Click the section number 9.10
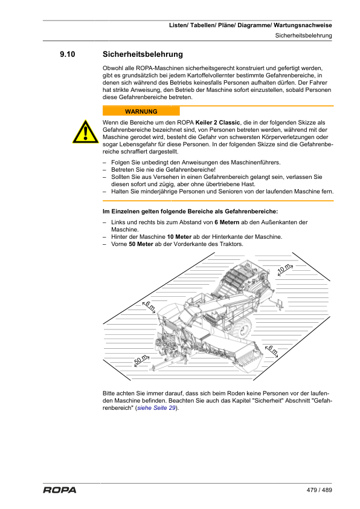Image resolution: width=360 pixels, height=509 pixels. (68, 54)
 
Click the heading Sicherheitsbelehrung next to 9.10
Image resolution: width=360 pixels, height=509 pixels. (143, 54)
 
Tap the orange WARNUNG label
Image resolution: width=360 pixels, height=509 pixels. (141, 111)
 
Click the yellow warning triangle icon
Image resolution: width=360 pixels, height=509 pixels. (85, 132)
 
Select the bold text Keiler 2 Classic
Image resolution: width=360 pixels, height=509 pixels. (217, 123)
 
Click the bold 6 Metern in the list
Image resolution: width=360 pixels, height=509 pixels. (227, 222)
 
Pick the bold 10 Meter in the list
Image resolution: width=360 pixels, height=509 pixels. (179, 237)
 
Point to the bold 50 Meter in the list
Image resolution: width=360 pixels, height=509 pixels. (141, 244)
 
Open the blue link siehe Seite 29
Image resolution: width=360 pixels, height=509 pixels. (156, 408)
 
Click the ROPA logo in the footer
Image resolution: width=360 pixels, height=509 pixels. (60, 490)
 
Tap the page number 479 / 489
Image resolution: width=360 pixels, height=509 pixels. (320, 490)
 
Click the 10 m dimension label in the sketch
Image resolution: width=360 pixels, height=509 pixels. (284, 269)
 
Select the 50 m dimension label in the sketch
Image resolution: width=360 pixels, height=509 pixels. (141, 360)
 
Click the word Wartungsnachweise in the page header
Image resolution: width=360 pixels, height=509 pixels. (303, 25)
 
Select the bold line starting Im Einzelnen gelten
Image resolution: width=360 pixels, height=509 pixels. (190, 212)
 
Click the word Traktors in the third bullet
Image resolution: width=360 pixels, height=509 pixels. (231, 244)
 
